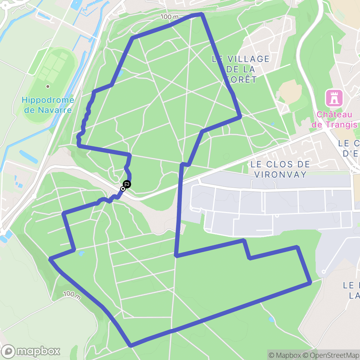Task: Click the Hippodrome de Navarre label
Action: pyautogui.click(x=48, y=105)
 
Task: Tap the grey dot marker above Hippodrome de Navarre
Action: pyautogui.click(x=48, y=86)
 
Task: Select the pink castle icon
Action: pyautogui.click(x=334, y=98)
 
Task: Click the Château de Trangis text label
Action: pyautogui.click(x=334, y=120)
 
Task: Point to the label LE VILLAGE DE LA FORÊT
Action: pyautogui.click(x=241, y=69)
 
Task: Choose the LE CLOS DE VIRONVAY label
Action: pyautogui.click(x=280, y=169)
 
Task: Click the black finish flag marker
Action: pyautogui.click(x=127, y=184)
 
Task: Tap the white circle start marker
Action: pyautogui.click(x=123, y=189)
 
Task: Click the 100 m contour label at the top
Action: pyautogui.click(x=170, y=17)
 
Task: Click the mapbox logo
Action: pyautogui.click(x=31, y=351)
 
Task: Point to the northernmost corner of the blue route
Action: pyautogui.click(x=202, y=14)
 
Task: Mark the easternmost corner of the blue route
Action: pyautogui.click(x=310, y=282)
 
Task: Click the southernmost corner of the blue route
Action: pyautogui.click(x=131, y=346)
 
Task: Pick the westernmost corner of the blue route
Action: pyautogui.click(x=50, y=259)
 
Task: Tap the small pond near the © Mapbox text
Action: pyautogui.click(x=271, y=320)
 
